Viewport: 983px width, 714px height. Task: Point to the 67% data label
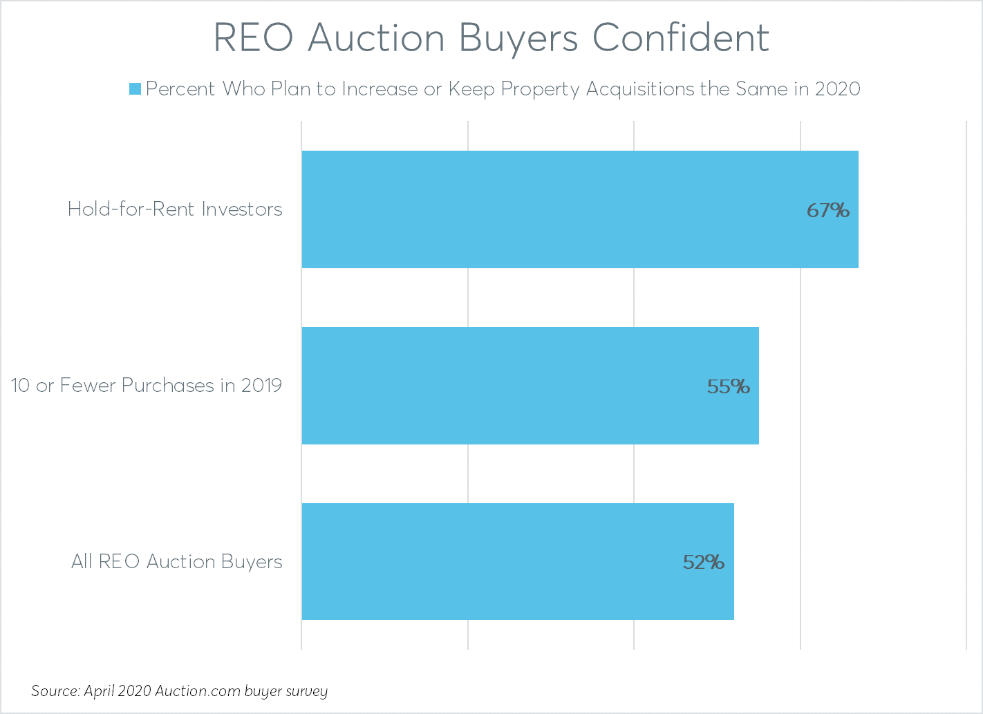(827, 210)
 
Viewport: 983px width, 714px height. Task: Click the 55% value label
(728, 386)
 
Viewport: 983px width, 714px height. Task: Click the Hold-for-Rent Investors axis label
(175, 209)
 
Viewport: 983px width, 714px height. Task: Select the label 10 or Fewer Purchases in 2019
(147, 386)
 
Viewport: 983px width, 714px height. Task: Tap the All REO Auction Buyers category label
(177, 562)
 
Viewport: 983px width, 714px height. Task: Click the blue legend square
(135, 89)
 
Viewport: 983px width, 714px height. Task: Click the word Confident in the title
(680, 38)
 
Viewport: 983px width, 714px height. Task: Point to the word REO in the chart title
(254, 38)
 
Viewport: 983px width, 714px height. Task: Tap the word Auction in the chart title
(376, 38)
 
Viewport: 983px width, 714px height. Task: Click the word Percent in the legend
(180, 89)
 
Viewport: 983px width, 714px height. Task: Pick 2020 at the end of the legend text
(837, 89)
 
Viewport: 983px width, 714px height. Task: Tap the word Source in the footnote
(55, 691)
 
